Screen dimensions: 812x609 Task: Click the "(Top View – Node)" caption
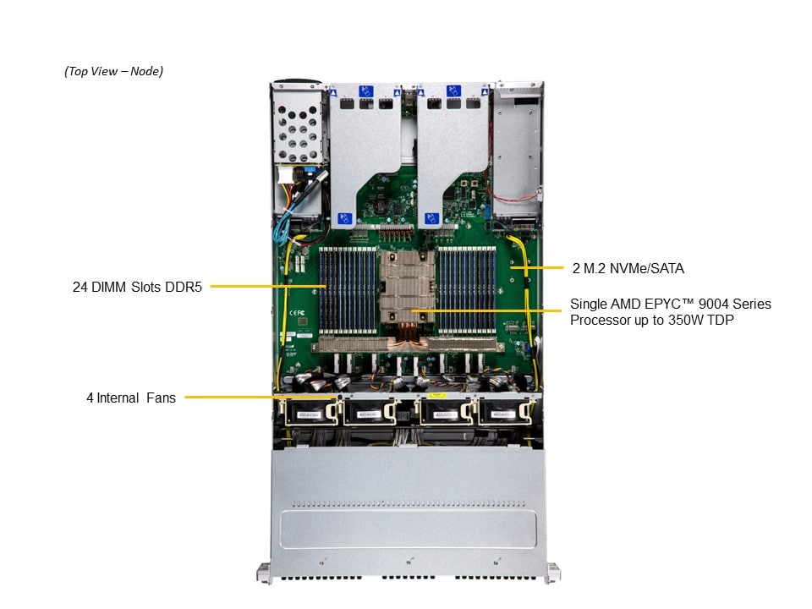click(113, 71)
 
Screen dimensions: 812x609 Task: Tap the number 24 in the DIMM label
click(80, 287)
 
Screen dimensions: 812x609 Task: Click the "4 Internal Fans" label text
click(131, 398)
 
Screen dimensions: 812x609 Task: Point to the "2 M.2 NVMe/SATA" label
click(628, 268)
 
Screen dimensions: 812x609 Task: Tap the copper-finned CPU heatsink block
click(408, 287)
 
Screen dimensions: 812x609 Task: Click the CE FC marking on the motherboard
click(297, 313)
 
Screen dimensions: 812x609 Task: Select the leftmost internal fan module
click(310, 412)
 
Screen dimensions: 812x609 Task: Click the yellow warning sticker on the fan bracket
click(437, 396)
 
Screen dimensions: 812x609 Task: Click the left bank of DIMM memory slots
click(348, 290)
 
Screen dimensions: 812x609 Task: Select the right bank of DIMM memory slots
click(467, 290)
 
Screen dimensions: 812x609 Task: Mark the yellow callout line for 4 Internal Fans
click(261, 398)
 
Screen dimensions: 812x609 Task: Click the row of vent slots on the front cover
click(408, 503)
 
